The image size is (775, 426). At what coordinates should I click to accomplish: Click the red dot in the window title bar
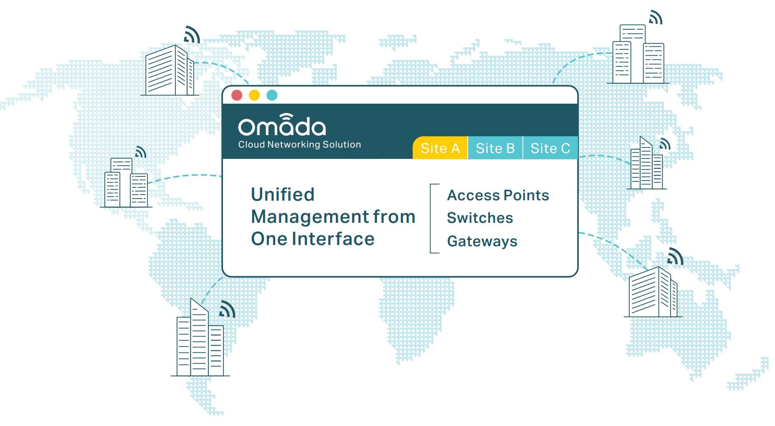[x=237, y=95]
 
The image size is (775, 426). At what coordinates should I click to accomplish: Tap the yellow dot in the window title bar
[x=254, y=95]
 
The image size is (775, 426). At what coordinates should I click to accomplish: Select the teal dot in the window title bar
[x=272, y=95]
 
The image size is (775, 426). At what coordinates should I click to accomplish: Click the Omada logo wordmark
[x=282, y=125]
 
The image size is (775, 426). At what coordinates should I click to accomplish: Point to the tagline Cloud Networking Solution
[x=299, y=145]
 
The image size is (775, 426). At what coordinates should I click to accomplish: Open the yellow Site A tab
[x=440, y=148]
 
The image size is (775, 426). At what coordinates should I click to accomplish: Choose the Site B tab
[x=495, y=148]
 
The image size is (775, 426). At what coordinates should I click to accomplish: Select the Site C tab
[x=550, y=148]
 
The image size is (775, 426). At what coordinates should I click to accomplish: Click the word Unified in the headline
[x=283, y=194]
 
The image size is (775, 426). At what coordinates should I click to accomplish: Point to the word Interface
[x=333, y=239]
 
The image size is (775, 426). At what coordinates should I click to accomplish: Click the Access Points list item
[x=498, y=195]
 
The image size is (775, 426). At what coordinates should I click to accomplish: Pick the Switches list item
[x=480, y=218]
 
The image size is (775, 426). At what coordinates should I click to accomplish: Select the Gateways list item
[x=482, y=242]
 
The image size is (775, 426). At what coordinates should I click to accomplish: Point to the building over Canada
[x=170, y=70]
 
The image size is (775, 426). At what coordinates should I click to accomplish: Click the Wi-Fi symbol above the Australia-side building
[x=676, y=256]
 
